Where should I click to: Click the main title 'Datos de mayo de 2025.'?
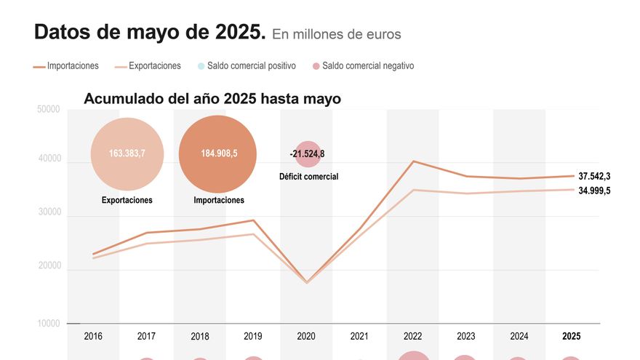coord(149,33)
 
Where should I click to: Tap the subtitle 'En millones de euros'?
coord(336,34)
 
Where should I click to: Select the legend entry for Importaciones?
coord(66,66)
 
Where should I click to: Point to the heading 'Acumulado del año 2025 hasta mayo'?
coord(212,99)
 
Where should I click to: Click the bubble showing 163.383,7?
coord(127,153)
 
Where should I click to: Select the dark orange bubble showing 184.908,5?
coord(217,153)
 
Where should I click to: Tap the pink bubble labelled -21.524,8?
coord(308,153)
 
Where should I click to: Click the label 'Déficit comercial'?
coord(308,177)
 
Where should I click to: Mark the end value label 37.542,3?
coord(594,176)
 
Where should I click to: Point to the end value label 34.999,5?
coord(594,191)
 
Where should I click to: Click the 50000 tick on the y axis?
coord(48,110)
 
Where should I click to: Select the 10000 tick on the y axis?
coord(48,324)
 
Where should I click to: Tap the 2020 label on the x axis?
coord(306,337)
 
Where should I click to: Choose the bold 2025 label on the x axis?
coord(572,337)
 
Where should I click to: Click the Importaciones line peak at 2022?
coord(413,161)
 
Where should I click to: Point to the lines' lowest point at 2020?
coord(306,281)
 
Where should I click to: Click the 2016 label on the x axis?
coord(93,337)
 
